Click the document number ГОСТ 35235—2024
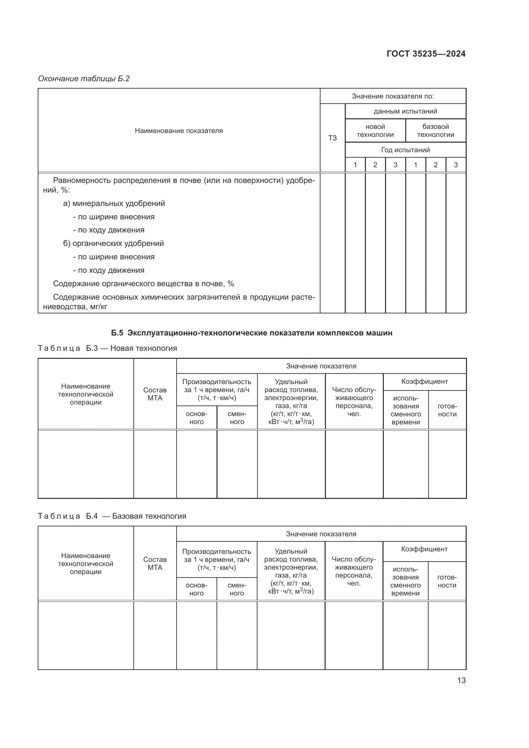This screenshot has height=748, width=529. pos(426,54)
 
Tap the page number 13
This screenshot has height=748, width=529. pos(461,680)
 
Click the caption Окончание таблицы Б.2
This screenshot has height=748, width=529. pos(84,79)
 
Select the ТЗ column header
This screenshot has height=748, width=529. pos(332,138)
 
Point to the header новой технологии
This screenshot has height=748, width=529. pos(375,131)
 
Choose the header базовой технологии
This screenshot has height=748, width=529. pos(436,131)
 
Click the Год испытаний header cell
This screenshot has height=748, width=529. pos(405,150)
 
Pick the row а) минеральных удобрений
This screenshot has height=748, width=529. pos(114,203)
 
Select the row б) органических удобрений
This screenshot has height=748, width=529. pos(113,243)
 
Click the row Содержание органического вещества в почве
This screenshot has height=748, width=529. pos(143,283)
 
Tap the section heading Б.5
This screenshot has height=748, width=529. pos(251,333)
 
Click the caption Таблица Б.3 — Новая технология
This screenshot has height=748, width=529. pos(107,348)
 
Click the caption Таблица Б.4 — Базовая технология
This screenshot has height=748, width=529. pos(112,516)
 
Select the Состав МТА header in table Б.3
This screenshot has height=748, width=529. pos(155,394)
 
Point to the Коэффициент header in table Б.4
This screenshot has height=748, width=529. pos(424,549)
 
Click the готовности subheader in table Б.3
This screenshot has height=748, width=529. pos(447,410)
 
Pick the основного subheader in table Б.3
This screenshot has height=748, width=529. pos(196,418)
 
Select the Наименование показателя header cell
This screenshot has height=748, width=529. pos(178,131)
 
